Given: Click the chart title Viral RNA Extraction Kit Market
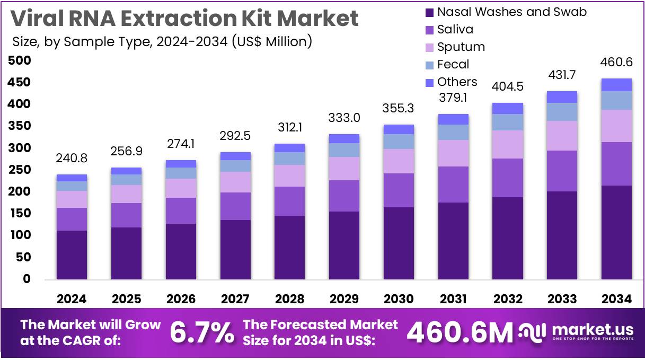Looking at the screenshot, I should (x=184, y=19).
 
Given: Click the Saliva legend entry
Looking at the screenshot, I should (x=455, y=29).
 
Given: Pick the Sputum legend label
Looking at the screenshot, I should (x=461, y=47).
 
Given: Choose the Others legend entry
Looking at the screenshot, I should (x=457, y=82).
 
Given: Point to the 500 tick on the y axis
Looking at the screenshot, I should (x=20, y=61).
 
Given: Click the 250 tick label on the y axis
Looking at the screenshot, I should (x=20, y=170).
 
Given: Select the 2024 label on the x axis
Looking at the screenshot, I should (x=72, y=299).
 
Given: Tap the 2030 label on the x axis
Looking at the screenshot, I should (x=398, y=299).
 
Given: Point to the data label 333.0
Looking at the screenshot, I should (x=344, y=117).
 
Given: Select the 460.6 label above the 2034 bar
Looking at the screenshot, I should (x=616, y=63).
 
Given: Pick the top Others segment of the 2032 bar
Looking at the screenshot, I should (x=507, y=108).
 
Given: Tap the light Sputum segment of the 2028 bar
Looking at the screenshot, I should (x=289, y=175).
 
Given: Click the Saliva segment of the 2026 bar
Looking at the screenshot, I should (x=181, y=210).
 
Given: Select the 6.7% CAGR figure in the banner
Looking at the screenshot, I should (x=202, y=333).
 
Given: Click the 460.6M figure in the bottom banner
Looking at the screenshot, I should (x=460, y=333).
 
